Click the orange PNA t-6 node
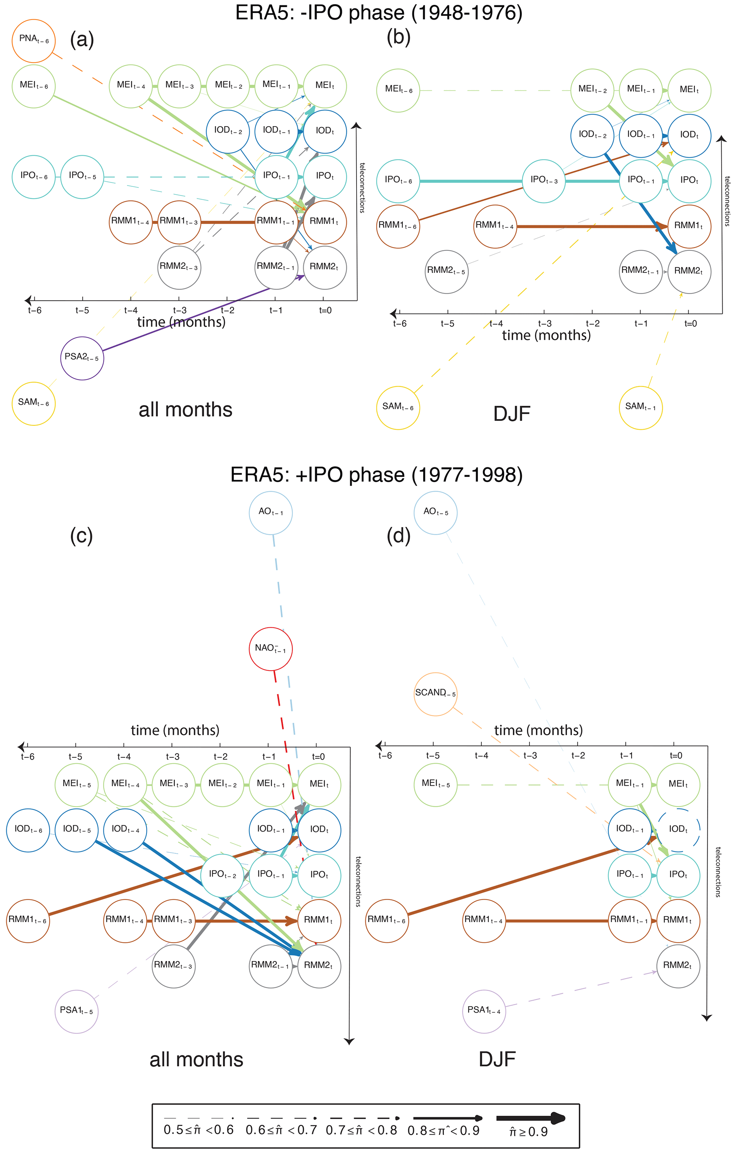click(34, 40)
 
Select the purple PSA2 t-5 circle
click(82, 358)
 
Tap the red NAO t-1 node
click(270, 648)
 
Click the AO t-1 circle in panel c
click(270, 512)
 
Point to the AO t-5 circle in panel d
click(435, 512)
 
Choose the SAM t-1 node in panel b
click(640, 408)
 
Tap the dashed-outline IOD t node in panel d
click(678, 829)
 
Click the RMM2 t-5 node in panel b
click(446, 272)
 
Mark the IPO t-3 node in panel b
click(544, 181)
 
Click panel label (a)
click(82, 39)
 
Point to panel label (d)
click(398, 535)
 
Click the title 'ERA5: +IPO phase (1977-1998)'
click(376, 475)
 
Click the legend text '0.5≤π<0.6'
click(198, 1131)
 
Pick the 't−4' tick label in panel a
click(130, 310)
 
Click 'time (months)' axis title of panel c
click(175, 730)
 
